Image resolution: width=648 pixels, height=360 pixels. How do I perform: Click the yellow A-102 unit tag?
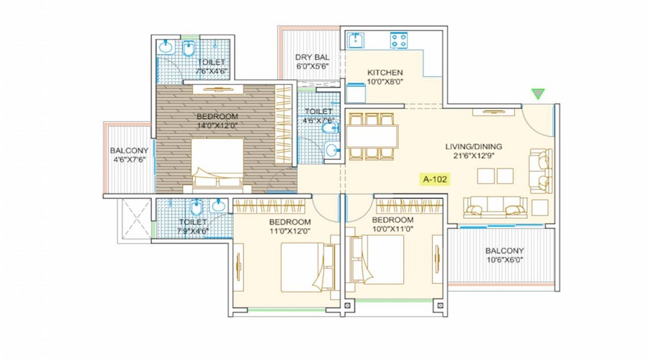[x=435, y=179]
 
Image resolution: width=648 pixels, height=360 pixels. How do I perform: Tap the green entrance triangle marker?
[x=538, y=94]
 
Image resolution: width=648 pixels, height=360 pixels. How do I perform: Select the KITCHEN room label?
[x=384, y=72]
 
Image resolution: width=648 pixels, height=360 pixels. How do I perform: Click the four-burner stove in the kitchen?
[x=399, y=40]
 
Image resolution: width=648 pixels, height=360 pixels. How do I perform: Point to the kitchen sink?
[x=356, y=40]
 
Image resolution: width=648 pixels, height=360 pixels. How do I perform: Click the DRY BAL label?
[x=312, y=58]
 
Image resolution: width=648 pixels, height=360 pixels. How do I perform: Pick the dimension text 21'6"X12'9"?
[x=474, y=156]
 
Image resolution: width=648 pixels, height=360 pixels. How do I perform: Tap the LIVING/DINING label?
[x=474, y=146]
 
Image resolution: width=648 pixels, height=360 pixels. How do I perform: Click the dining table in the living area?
[x=372, y=136]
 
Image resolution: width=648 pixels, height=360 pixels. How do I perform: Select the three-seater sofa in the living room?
[x=495, y=207]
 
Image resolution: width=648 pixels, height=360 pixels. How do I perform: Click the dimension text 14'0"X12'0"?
[x=217, y=126]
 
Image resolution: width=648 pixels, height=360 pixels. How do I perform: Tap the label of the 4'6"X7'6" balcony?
[x=129, y=151]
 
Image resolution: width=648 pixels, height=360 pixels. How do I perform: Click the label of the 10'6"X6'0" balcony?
[x=504, y=251]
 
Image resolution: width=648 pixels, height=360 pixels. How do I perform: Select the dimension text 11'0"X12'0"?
[x=289, y=231]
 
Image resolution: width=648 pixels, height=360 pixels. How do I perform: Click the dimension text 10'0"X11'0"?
[x=392, y=228]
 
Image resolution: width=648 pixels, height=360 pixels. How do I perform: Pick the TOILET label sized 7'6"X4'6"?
[x=211, y=63]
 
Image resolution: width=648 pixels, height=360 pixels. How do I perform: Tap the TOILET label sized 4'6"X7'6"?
[x=318, y=112]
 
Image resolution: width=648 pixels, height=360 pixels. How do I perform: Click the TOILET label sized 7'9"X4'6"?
[x=192, y=222]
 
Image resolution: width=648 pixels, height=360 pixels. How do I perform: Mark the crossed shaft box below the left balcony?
[x=135, y=220]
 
